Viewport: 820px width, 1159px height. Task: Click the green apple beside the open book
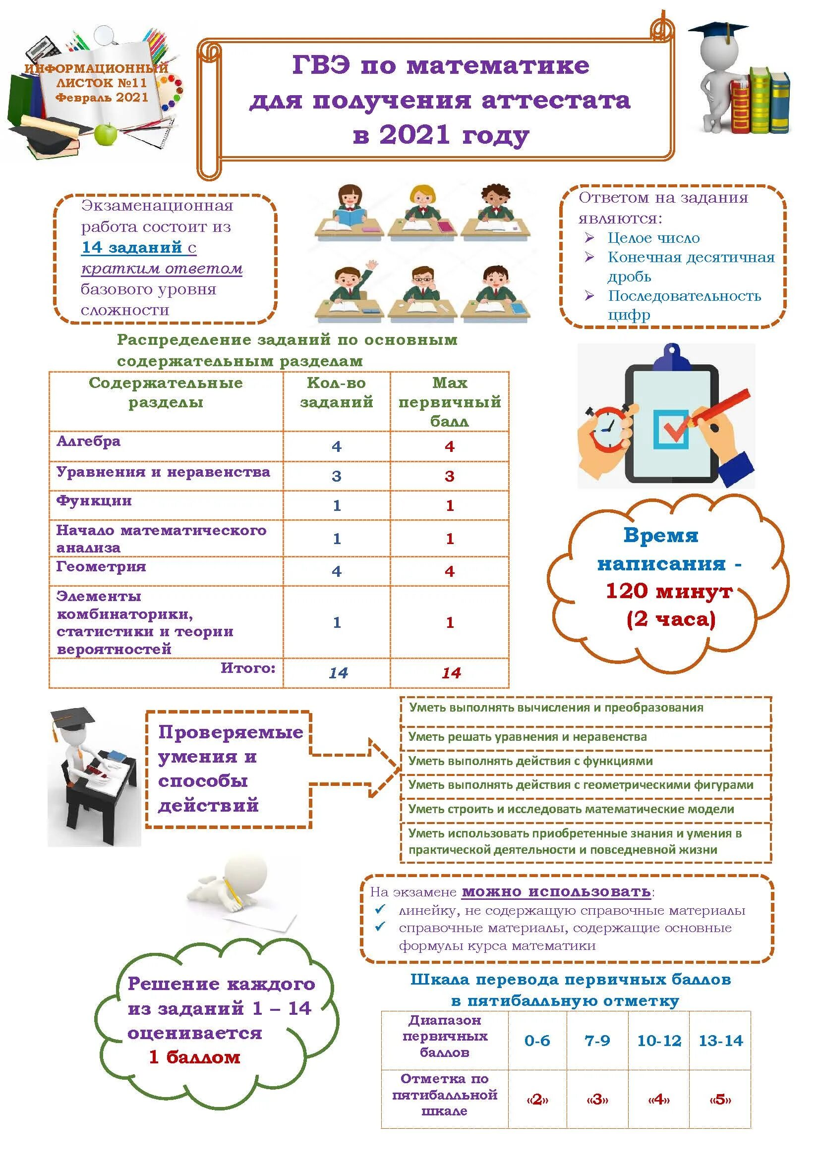106,133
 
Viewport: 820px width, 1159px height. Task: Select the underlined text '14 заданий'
131,247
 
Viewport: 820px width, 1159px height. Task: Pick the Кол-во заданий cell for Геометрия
336,571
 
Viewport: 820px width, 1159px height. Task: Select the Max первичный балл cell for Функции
449,505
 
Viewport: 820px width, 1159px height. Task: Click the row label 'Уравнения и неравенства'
163,472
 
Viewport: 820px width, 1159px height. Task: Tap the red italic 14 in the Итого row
450,673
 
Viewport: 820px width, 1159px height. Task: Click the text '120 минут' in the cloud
668,591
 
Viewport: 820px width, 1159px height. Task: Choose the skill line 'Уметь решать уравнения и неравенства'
527,736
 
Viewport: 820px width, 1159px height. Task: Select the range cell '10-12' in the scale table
659,1041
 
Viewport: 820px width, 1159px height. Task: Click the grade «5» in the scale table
720,1099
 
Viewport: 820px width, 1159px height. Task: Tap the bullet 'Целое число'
653,238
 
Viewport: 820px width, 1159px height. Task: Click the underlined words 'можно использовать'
556,891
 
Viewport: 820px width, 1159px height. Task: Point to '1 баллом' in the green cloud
194,1056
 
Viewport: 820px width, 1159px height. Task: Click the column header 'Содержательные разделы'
166,392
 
